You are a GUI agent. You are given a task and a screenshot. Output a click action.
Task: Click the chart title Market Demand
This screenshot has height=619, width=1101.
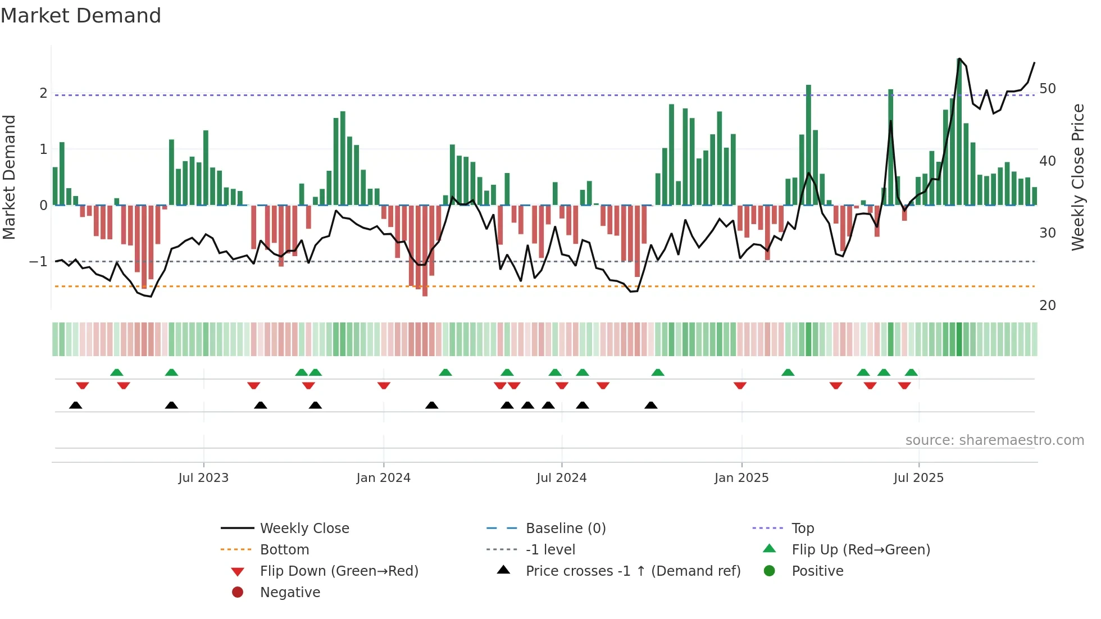point(81,16)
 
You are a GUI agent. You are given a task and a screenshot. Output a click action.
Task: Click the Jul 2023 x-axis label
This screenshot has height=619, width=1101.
point(203,478)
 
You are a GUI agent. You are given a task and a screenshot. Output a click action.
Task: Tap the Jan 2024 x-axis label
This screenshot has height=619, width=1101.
point(383,478)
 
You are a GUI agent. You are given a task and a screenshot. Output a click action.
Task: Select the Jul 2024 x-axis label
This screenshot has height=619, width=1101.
point(561,478)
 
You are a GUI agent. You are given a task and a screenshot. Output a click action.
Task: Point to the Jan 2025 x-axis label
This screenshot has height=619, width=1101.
point(741,478)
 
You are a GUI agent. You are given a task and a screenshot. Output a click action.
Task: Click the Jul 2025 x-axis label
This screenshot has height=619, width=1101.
point(918,478)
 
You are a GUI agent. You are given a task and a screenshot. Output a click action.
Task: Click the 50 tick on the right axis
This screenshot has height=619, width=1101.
point(1048,89)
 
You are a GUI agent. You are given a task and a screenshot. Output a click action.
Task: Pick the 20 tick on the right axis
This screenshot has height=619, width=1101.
point(1048,306)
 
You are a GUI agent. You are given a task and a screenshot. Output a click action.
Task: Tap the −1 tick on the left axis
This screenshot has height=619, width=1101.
point(39,262)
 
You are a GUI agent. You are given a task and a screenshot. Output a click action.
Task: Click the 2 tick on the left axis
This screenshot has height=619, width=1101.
point(43,93)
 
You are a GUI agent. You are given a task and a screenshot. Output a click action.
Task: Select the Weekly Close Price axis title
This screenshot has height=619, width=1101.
point(1077,177)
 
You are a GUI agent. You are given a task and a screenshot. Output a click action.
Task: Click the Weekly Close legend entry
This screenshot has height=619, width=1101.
point(304,529)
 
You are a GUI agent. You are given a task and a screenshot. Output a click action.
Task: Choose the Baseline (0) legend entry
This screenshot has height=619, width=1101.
point(565,529)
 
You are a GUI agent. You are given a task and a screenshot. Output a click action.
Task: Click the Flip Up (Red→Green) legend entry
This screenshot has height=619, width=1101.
point(861,550)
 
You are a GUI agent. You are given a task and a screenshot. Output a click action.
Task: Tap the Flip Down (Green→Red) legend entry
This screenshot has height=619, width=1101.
point(339,571)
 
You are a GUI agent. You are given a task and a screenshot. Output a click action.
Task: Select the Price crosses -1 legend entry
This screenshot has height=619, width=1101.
point(633,571)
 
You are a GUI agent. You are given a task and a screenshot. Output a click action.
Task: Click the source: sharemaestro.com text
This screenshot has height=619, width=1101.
point(994,440)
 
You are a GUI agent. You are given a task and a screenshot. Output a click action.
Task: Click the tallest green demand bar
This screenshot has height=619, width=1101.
point(959,132)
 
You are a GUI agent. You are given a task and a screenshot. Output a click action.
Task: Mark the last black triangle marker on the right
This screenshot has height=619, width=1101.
point(650,406)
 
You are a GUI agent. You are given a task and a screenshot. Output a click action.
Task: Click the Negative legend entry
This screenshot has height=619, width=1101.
point(290,593)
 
